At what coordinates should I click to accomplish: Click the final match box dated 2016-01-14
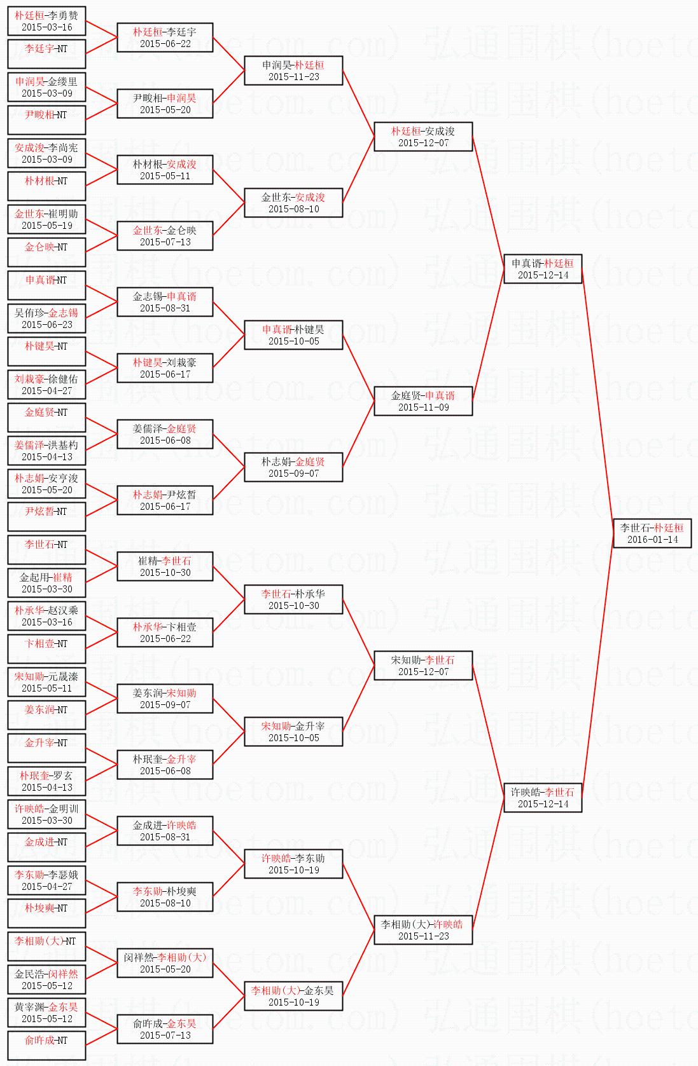[x=652, y=533]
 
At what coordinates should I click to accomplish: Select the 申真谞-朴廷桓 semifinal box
[x=543, y=268]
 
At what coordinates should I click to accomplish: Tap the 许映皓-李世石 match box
[x=543, y=798]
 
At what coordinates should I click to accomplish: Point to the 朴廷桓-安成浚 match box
[x=423, y=137]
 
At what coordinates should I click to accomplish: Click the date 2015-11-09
[x=423, y=407]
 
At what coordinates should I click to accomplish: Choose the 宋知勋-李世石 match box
[x=423, y=666]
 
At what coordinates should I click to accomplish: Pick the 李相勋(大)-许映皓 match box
[x=423, y=930]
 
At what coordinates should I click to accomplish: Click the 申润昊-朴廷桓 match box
[x=293, y=71]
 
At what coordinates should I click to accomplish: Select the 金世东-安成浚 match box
[x=293, y=203]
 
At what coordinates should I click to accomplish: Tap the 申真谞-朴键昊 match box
[x=293, y=335]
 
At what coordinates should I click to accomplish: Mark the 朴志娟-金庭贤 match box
[x=293, y=467]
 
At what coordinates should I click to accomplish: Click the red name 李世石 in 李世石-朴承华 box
[x=276, y=594]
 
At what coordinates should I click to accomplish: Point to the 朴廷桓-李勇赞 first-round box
[x=46, y=21]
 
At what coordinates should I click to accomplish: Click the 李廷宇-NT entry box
[x=46, y=54]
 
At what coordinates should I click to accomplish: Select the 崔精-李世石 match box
[x=165, y=566]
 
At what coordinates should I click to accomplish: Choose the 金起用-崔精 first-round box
[x=46, y=582]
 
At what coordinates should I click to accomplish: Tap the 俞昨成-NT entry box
[x=46, y=1046]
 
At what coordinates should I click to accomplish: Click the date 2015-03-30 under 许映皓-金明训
[x=46, y=821]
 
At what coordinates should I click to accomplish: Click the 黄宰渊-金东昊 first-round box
[x=46, y=1012]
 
